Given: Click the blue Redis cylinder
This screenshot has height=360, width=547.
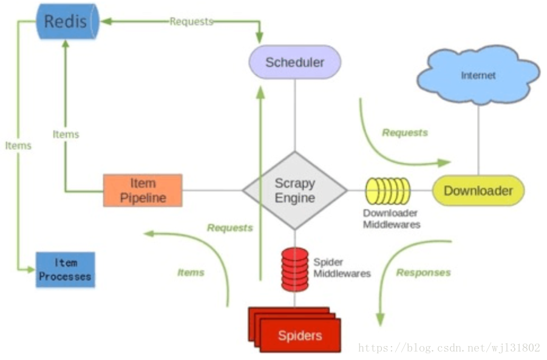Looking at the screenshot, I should (x=66, y=22).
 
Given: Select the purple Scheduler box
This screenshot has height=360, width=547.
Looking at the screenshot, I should (x=295, y=62).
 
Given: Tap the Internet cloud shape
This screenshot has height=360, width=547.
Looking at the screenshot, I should (x=478, y=75).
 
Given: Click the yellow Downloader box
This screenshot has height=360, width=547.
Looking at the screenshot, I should (x=478, y=191).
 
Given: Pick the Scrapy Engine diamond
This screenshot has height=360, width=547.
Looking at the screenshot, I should (x=295, y=191).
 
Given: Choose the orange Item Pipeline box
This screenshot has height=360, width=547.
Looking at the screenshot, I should (x=143, y=191).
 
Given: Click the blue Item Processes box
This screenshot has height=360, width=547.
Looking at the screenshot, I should (x=65, y=270).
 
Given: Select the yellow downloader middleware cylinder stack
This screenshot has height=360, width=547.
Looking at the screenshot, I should (x=387, y=191).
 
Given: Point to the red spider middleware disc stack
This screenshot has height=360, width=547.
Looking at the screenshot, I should (x=294, y=269).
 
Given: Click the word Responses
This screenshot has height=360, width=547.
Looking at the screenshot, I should (x=423, y=273).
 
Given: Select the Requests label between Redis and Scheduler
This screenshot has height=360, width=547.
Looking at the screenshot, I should (x=191, y=22).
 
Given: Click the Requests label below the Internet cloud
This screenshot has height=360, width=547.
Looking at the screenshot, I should (x=404, y=132).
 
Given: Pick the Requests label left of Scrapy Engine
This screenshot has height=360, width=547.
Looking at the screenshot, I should (x=229, y=228).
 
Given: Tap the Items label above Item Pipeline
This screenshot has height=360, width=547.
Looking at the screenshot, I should (x=66, y=134).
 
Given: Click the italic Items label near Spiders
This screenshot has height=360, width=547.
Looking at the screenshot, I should (x=191, y=273).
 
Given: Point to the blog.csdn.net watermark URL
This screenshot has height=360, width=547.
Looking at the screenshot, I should (x=449, y=348).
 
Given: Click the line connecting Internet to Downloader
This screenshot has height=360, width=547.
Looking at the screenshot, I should (x=478, y=140).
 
